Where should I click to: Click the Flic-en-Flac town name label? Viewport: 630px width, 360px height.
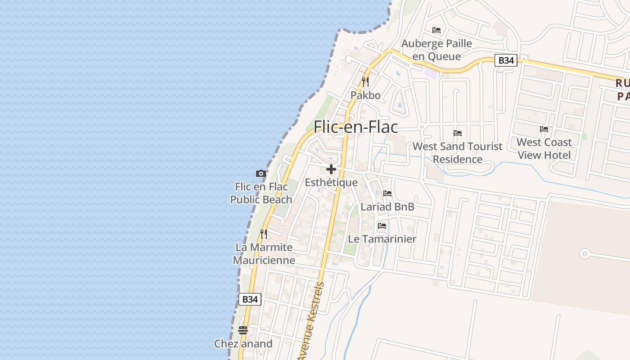(x=355, y=127)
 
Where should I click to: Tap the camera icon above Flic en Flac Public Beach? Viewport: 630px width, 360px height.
(x=261, y=173)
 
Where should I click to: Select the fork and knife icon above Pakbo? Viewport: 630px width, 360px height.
(x=365, y=82)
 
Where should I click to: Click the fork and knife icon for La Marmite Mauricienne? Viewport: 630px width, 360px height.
(x=264, y=234)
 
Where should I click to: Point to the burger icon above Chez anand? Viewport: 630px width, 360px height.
(x=243, y=330)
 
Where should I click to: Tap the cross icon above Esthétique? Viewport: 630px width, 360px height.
(x=331, y=169)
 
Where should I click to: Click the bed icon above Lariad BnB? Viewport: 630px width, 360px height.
(x=387, y=193)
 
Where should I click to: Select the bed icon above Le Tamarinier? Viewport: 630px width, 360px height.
(x=382, y=225)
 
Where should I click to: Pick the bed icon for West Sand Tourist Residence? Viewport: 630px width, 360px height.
(x=458, y=133)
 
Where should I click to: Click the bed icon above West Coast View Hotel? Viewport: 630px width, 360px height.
(x=544, y=129)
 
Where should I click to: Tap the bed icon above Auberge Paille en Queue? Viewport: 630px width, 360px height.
(x=436, y=30)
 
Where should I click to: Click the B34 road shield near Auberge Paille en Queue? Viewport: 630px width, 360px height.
(x=506, y=60)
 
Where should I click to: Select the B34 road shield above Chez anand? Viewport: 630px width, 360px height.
(x=250, y=299)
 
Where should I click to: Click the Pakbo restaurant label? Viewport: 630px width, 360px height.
(x=365, y=95)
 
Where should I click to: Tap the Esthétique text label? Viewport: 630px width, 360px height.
(x=331, y=182)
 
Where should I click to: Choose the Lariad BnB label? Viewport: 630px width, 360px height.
(x=387, y=207)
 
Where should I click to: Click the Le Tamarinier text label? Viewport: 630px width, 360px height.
(x=382, y=238)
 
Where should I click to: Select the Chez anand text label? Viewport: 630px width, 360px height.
(x=243, y=344)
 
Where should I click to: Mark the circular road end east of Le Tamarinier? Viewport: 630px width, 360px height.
(x=585, y=254)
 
